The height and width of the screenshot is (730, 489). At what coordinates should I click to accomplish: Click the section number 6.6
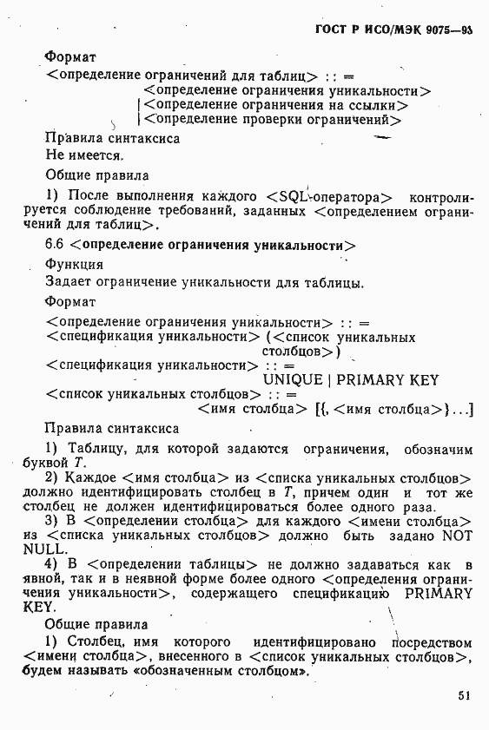click(x=54, y=245)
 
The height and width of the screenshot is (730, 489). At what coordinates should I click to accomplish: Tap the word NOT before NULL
click(x=457, y=536)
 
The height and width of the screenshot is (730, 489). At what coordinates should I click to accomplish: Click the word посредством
click(x=431, y=643)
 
